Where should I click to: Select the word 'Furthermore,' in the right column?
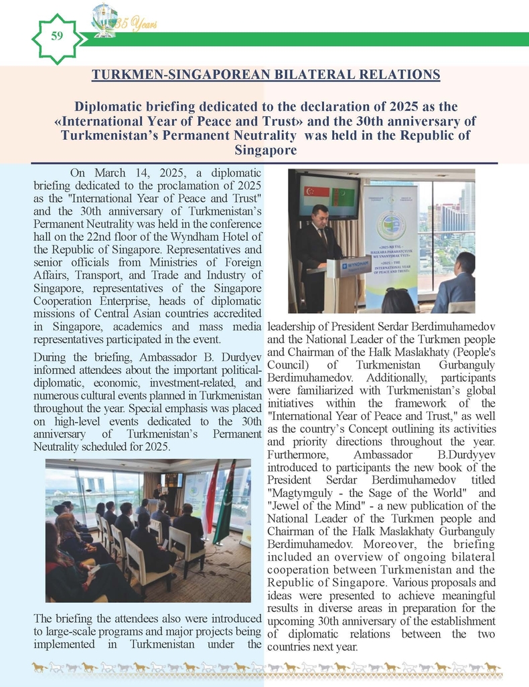[297, 455]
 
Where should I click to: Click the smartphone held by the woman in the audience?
[93, 568]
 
